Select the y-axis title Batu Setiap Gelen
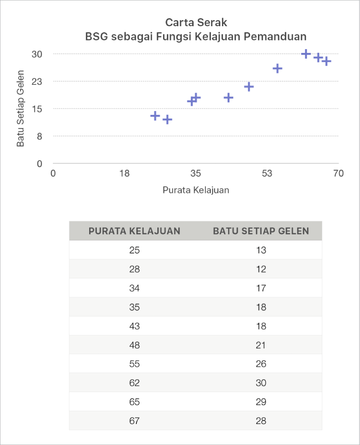(21, 109)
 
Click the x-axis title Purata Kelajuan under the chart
(195, 190)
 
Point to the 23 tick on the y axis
(37, 81)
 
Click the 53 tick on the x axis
(267, 173)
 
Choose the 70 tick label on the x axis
(338, 173)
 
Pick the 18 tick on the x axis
(124, 173)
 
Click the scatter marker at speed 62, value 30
(306, 54)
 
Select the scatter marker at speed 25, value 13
(155, 116)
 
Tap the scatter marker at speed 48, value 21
(249, 87)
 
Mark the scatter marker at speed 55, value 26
(278, 69)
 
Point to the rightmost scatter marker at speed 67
(326, 61)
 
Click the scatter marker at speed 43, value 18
(228, 98)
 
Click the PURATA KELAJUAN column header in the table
(134, 231)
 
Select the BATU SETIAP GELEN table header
(261, 231)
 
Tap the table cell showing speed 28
(134, 269)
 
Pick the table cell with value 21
(261, 345)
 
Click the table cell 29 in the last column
(261, 402)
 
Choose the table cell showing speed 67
(134, 421)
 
